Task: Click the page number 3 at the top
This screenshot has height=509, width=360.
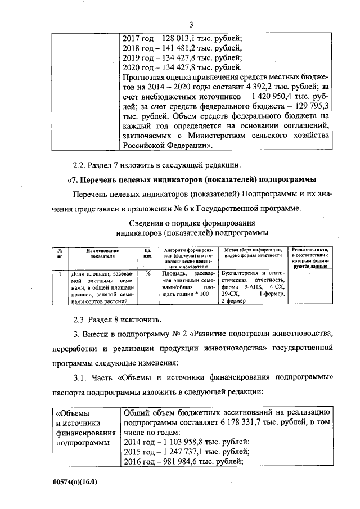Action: (191, 24)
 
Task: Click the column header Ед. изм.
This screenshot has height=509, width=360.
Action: (148, 253)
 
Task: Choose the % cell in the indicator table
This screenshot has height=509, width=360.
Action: (148, 273)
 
